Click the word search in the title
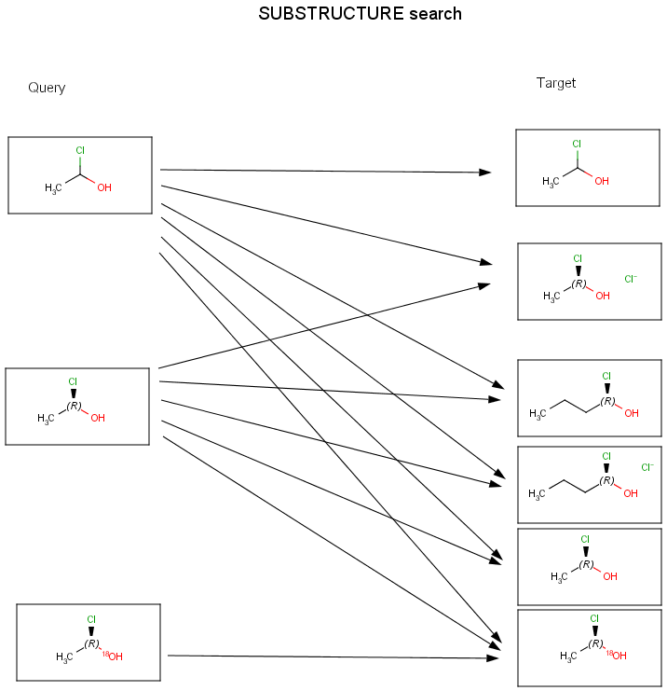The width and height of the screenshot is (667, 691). pyautogui.click(x=428, y=14)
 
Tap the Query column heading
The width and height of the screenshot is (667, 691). pyautogui.click(x=47, y=88)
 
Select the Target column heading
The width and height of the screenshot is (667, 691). pyautogui.click(x=556, y=83)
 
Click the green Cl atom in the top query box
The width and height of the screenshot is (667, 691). pyautogui.click(x=80, y=150)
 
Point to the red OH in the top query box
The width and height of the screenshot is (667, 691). pyautogui.click(x=104, y=187)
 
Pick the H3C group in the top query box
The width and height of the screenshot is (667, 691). pyautogui.click(x=53, y=188)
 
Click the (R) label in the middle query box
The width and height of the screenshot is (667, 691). pyautogui.click(x=75, y=406)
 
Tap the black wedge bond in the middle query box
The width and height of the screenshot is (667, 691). pyautogui.click(x=73, y=393)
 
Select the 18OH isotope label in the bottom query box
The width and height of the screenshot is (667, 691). pyautogui.click(x=112, y=656)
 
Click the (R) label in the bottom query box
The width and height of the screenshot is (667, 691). pyautogui.click(x=91, y=643)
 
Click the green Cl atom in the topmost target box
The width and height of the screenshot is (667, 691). pyautogui.click(x=577, y=144)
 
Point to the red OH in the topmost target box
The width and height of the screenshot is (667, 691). pyautogui.click(x=601, y=181)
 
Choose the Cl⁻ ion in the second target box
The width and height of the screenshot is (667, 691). pyautogui.click(x=631, y=278)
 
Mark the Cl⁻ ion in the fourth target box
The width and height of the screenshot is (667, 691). pyautogui.click(x=647, y=467)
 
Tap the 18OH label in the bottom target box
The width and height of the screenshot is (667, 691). pyautogui.click(x=616, y=656)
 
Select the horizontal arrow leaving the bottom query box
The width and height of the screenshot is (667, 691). pyautogui.click(x=326, y=656)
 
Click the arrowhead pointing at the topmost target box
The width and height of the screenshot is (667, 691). pyautogui.click(x=484, y=173)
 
